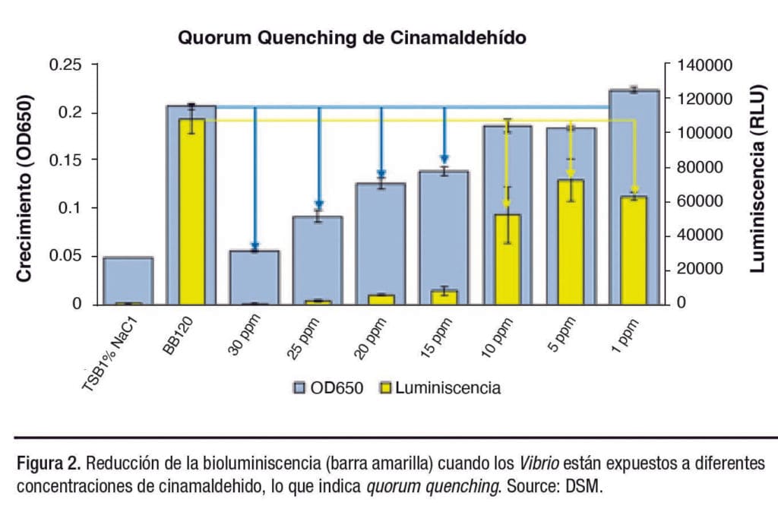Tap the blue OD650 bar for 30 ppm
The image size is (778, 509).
pyautogui.click(x=255, y=277)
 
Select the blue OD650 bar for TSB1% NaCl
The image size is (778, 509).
pyautogui.click(x=128, y=280)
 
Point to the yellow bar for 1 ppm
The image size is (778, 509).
pyautogui.click(x=634, y=250)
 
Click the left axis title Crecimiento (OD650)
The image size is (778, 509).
pyautogui.click(x=24, y=188)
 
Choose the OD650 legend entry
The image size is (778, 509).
pyautogui.click(x=328, y=388)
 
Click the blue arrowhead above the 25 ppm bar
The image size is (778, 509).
pyautogui.click(x=319, y=204)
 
